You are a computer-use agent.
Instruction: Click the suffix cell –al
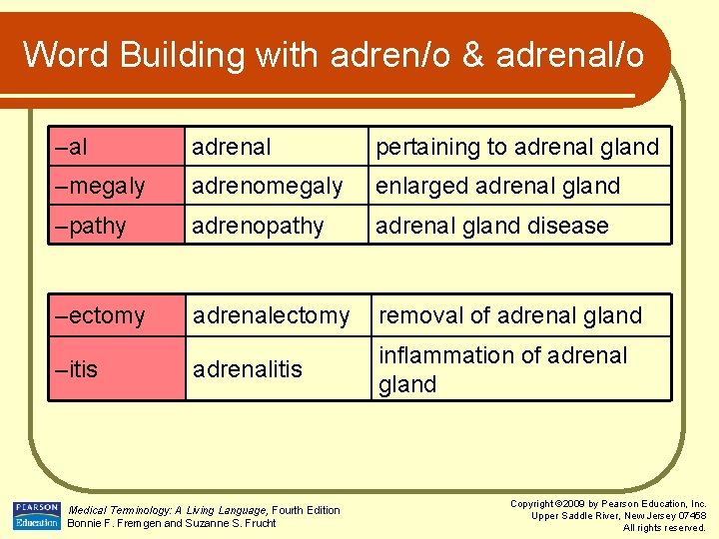point(71,148)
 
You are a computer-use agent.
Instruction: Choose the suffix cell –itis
point(77,369)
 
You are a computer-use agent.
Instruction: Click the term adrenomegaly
point(267,187)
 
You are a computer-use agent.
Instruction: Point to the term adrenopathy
point(258,227)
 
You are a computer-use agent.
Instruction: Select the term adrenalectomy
point(271,316)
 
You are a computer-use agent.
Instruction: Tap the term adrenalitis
point(247,369)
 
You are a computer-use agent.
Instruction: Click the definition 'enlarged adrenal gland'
point(497,187)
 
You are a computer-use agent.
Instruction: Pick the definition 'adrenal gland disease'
point(491,227)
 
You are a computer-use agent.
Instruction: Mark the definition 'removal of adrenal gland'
point(510,316)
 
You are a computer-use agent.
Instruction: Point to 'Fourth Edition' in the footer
point(306,510)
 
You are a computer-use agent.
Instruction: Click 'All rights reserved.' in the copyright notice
point(664,527)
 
